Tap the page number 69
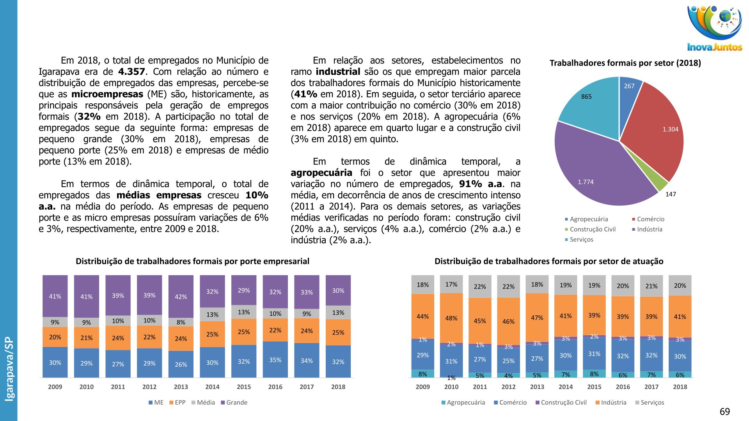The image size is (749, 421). (x=724, y=412)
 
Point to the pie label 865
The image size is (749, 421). (x=586, y=97)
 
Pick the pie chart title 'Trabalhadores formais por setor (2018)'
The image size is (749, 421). (x=625, y=63)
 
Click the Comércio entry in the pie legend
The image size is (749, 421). (x=650, y=219)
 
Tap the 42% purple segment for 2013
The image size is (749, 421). (x=181, y=297)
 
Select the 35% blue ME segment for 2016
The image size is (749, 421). (x=275, y=360)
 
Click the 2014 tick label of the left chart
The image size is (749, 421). (x=212, y=387)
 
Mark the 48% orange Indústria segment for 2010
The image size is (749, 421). (x=451, y=318)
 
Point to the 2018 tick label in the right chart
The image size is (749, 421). (x=680, y=387)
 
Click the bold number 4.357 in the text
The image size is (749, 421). (x=131, y=72)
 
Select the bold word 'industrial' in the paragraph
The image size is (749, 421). (x=338, y=72)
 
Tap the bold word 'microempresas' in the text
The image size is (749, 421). (x=107, y=94)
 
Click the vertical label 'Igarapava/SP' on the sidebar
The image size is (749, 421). (x=9, y=369)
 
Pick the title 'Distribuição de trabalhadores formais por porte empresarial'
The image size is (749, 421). (x=192, y=261)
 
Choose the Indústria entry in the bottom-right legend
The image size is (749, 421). (x=613, y=402)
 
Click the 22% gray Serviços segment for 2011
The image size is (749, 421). (x=480, y=287)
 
